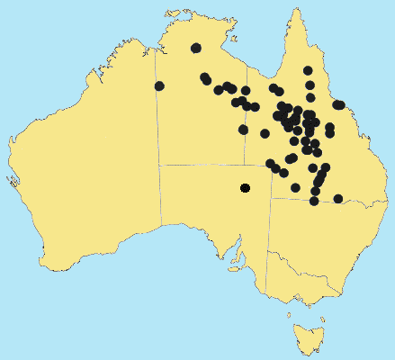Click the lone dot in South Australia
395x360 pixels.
pyautogui.click(x=245, y=188)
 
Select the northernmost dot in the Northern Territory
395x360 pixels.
pyautogui.click(x=196, y=49)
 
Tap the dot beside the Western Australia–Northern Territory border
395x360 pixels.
pyautogui.click(x=159, y=85)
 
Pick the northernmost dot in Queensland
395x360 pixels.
pyautogui.click(x=308, y=70)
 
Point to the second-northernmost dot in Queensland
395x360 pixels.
pyautogui.click(x=310, y=85)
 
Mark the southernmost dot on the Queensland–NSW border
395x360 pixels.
pyautogui.click(x=314, y=201)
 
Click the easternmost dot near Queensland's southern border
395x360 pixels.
pyautogui.click(x=338, y=199)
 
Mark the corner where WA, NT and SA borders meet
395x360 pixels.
pyautogui.click(x=159, y=165)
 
